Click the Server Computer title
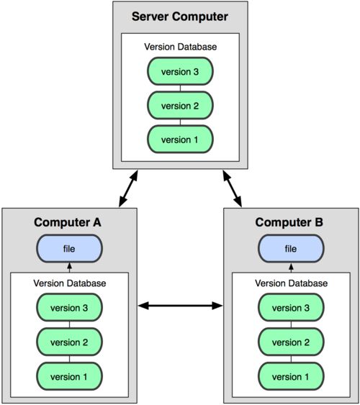pos(180,17)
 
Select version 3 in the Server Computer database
pos(180,71)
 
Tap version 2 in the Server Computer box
pos(180,105)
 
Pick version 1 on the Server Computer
pos(180,140)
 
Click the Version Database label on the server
pos(181,47)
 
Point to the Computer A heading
pos(68,222)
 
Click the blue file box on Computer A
pos(69,248)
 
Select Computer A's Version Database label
pos(70,283)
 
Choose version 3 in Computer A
pos(69,307)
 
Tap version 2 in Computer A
pos(69,342)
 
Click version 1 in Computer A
pos(69,376)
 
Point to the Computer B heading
pos(289,222)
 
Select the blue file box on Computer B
pos(291,248)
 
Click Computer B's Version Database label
pos(292,283)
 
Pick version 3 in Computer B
pos(291,307)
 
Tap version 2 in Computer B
pos(291,342)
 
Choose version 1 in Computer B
pos(291,376)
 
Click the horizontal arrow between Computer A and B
pos(180,306)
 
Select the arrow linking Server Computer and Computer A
pos(128,188)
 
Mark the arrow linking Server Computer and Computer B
pos(233,188)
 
